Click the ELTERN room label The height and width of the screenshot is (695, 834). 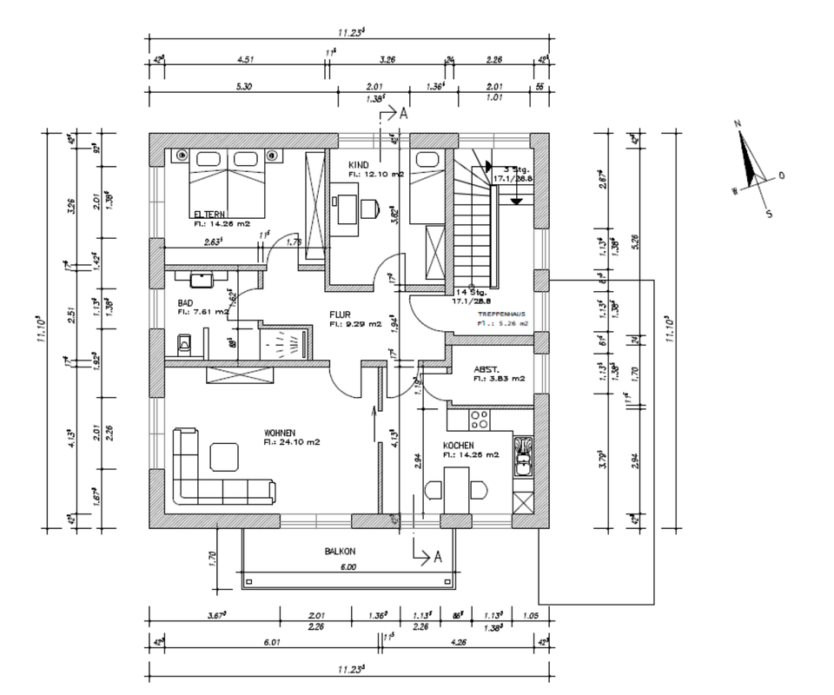coord(210,215)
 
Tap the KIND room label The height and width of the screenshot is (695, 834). coord(360,165)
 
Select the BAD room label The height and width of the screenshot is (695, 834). coord(186,301)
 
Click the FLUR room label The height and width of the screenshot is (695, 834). coord(340,314)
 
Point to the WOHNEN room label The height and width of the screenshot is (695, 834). coord(281,432)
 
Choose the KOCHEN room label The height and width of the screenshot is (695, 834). coord(459,445)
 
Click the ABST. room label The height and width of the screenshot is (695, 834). coord(486,368)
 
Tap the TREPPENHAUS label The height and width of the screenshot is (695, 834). coord(501,314)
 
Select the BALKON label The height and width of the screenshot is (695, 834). coord(341,551)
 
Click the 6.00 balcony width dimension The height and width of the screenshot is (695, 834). coord(347,567)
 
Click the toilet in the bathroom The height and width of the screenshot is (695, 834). coord(182,345)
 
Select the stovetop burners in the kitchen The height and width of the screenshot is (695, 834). coord(480,420)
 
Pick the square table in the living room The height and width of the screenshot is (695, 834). coord(224,455)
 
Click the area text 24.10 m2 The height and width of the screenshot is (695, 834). coord(293,442)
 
